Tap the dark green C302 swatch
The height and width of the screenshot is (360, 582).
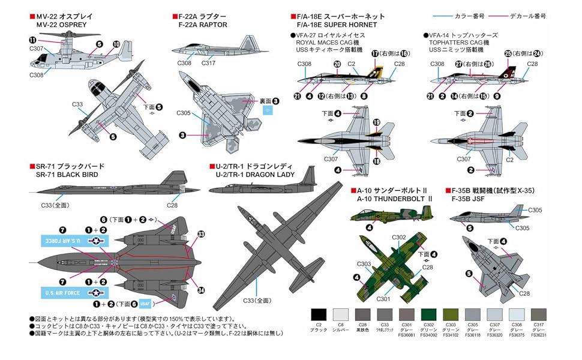point(429,314)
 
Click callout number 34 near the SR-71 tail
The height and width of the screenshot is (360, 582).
point(201,290)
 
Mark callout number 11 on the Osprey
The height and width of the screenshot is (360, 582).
point(32,40)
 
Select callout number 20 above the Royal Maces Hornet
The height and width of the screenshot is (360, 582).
point(337,64)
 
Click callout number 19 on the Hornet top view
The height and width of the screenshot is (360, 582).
point(377,122)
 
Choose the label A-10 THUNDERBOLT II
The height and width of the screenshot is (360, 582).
point(394,199)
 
